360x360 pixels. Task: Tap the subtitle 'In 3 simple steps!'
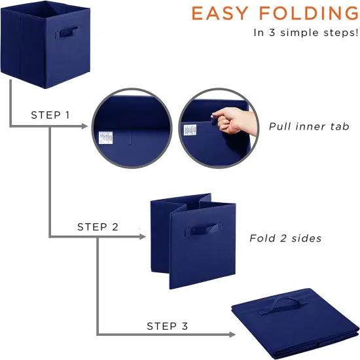[306, 32]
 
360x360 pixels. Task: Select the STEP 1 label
[50, 115]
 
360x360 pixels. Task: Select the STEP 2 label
[98, 227]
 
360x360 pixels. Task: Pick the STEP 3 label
[167, 325]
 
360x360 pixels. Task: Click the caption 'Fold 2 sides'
[285, 238]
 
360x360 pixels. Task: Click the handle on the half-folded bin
[196, 231]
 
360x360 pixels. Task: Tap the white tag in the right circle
[190, 130]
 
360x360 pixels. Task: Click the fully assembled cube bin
[45, 45]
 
